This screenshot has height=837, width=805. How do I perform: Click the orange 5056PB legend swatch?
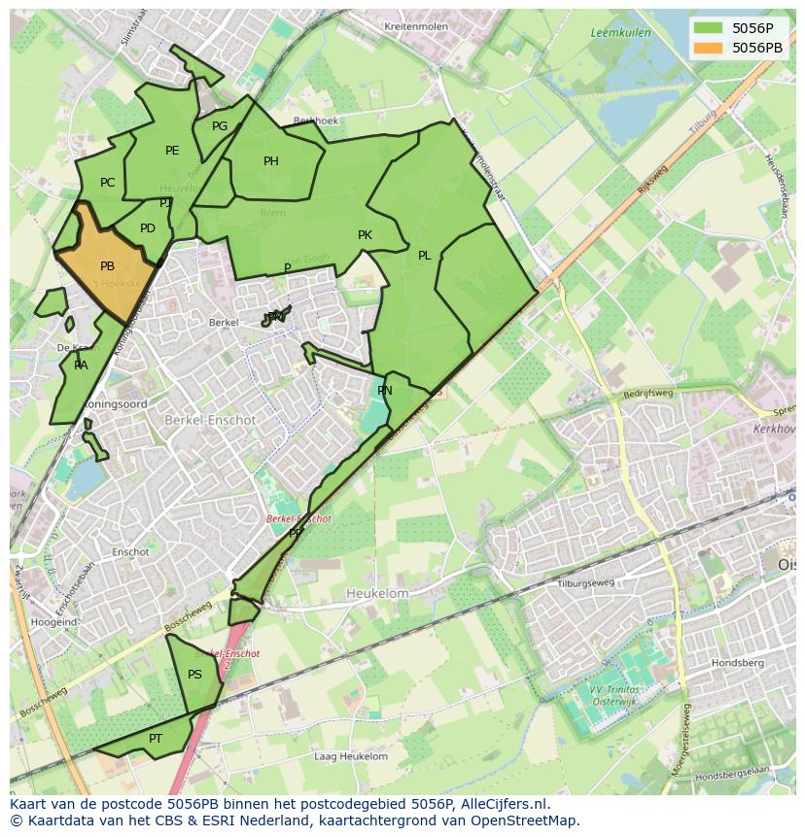tap(710, 48)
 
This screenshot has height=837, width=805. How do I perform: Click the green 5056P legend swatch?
tap(710, 28)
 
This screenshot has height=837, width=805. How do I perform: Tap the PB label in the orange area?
tap(107, 266)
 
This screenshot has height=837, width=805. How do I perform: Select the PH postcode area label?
tap(271, 161)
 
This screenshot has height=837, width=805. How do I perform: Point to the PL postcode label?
tap(425, 256)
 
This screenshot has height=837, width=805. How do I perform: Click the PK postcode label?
tap(365, 235)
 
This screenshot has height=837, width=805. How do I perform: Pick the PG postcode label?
tap(220, 126)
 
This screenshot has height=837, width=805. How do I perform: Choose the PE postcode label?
tap(172, 151)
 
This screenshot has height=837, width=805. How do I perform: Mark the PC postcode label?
tap(107, 183)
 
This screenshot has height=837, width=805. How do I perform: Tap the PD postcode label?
tap(148, 228)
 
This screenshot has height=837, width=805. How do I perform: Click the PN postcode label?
tap(385, 391)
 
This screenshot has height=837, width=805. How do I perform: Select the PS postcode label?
tap(194, 675)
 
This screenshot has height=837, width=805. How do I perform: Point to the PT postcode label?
tap(156, 739)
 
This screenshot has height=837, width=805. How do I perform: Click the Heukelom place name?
tap(377, 593)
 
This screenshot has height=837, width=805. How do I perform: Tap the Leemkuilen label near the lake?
tap(620, 33)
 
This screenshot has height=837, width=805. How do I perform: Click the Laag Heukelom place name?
tap(351, 756)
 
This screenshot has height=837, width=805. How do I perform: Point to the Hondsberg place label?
tap(737, 662)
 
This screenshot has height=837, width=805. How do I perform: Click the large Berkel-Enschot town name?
tap(210, 420)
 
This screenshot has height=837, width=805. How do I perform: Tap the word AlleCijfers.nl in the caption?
tap(502, 804)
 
